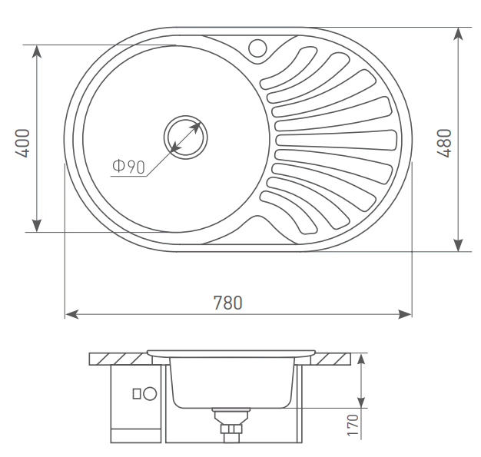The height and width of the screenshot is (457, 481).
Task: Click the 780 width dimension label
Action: (227, 303)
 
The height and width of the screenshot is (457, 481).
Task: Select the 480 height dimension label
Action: (444, 143)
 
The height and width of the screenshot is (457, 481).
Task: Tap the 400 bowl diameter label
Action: (23, 143)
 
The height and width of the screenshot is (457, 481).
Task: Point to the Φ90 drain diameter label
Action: (128, 167)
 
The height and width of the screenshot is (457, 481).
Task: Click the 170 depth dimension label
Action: (353, 425)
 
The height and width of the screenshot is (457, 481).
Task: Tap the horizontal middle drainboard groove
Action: (337, 140)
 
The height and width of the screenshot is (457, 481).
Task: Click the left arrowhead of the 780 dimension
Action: (72, 314)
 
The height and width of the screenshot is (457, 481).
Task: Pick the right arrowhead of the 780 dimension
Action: (405, 314)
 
